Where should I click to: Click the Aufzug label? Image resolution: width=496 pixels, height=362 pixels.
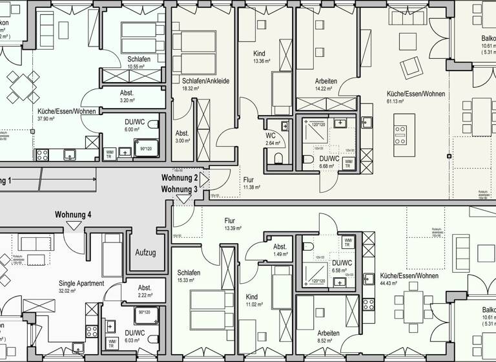pyautogui.click(x=145, y=253)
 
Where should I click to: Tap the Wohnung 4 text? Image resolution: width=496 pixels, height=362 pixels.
pyautogui.click(x=73, y=215)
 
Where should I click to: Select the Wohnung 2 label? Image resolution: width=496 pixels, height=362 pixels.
pyautogui.click(x=180, y=178)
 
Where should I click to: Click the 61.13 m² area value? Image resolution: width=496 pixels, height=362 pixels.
pyautogui.click(x=395, y=101)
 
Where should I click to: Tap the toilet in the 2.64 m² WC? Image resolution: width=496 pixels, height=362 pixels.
pyautogui.click(x=278, y=158)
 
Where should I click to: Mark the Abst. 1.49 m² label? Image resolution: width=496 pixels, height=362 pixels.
pyautogui.click(x=280, y=250)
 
